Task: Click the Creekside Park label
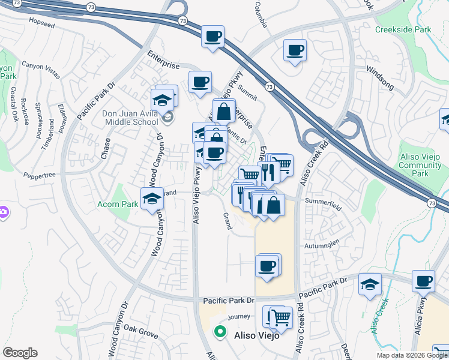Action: (403, 29)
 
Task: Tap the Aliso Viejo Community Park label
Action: (420, 165)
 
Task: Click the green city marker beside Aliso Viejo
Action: (220, 331)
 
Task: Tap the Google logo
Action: (20, 353)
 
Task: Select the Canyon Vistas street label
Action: (41, 70)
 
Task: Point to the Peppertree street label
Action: (40, 174)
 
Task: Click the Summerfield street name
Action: (323, 203)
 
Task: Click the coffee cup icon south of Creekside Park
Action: (295, 51)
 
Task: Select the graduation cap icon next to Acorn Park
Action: (152, 199)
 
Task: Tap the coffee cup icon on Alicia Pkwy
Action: (424, 281)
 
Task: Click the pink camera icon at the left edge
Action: (3, 212)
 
